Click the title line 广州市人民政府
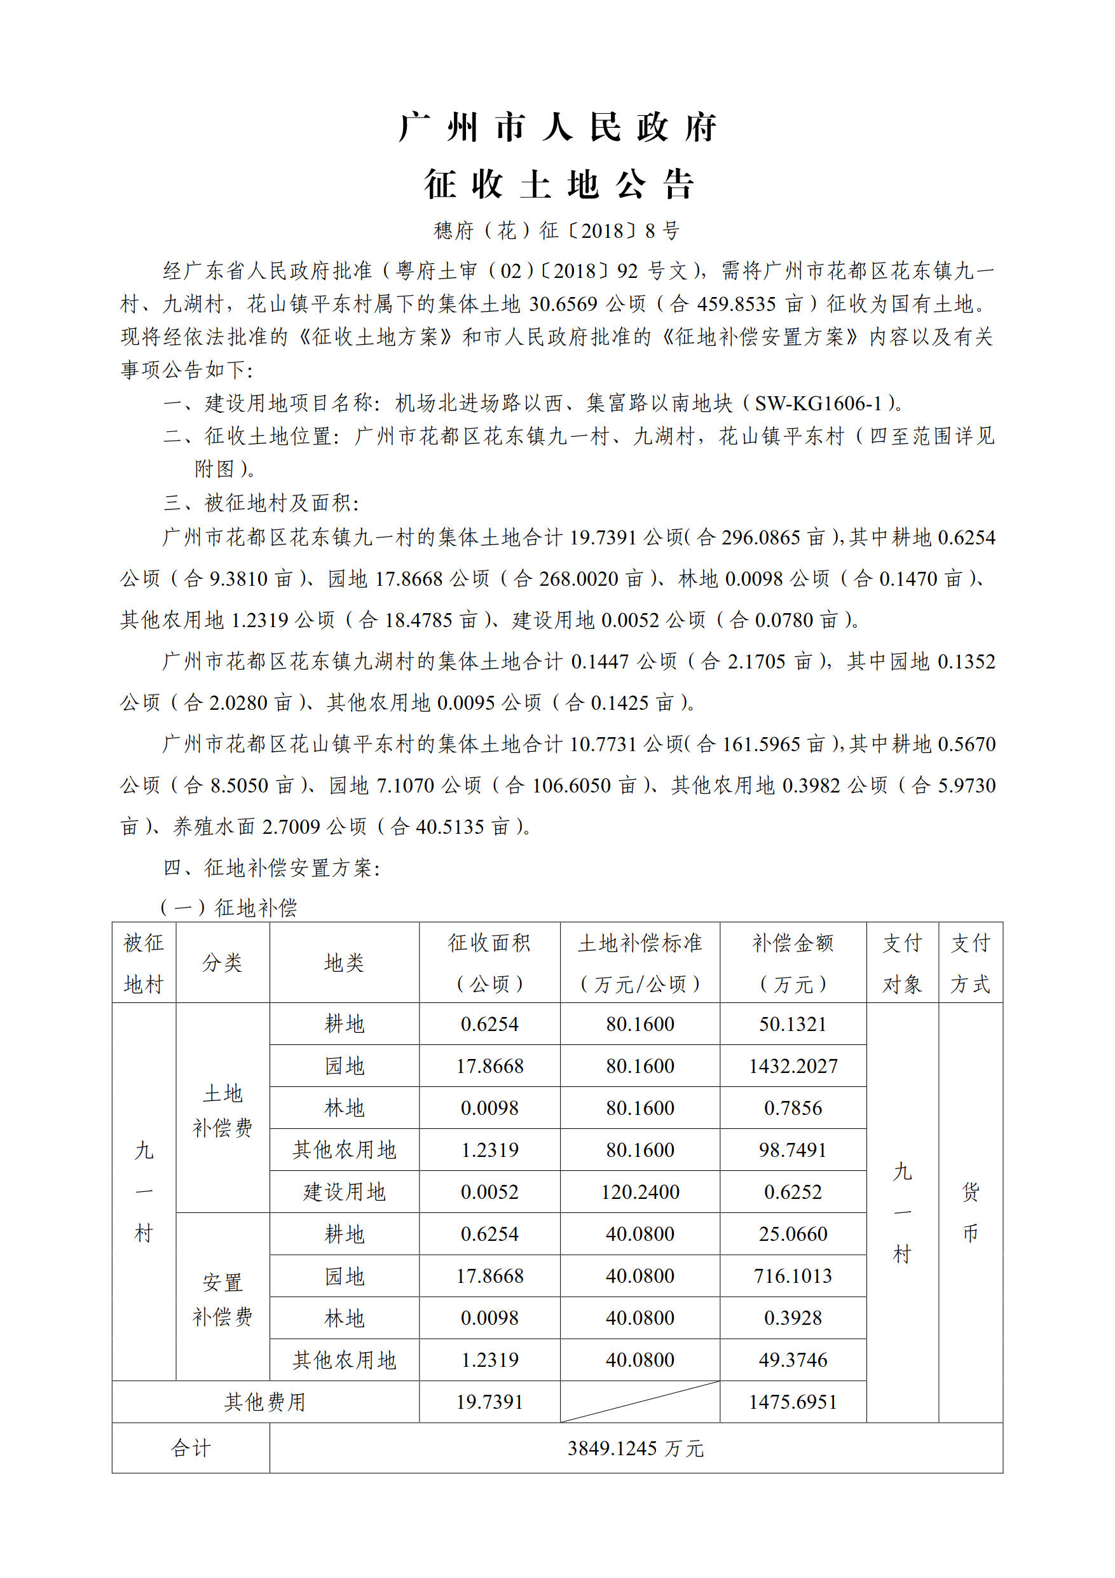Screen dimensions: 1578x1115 (557, 128)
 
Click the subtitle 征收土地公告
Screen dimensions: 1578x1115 (557, 184)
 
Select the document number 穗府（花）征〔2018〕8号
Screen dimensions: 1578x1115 (556, 231)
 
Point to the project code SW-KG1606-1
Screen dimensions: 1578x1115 (817, 403)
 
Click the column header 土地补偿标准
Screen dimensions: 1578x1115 (640, 943)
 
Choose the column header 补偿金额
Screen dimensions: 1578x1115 (793, 943)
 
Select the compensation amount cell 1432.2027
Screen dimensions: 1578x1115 (793, 1066)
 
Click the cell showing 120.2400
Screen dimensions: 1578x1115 (640, 1192)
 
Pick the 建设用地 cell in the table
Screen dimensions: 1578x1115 (344, 1192)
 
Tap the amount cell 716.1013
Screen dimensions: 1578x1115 (793, 1276)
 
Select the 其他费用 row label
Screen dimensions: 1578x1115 (265, 1401)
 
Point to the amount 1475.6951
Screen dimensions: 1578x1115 (793, 1401)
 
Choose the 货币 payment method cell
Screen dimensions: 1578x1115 (970, 1212)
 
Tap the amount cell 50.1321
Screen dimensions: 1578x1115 (793, 1024)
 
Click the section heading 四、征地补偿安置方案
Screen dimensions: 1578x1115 (271, 868)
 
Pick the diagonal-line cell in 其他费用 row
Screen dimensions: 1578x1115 (640, 1401)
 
